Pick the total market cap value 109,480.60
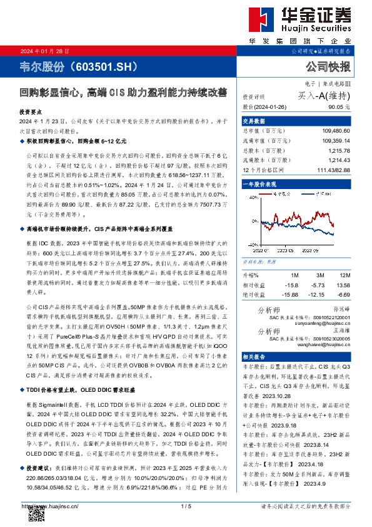click(x=335, y=131)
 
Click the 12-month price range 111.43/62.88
click(x=334, y=171)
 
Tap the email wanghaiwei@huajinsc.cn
click(x=326, y=344)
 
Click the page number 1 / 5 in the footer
click(x=185, y=506)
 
